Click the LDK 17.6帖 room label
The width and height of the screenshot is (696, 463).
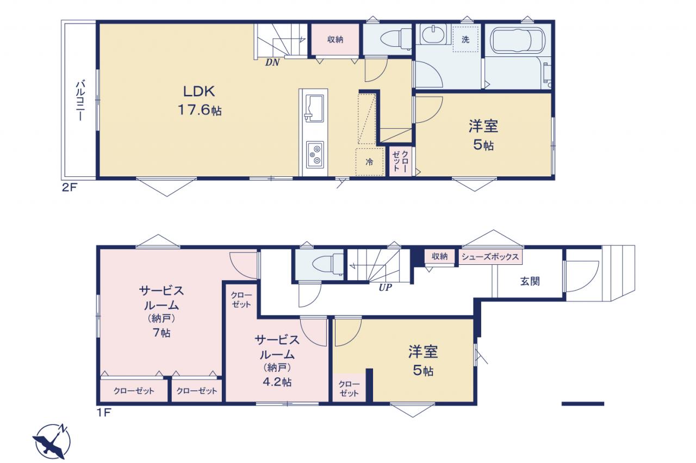pos(200,100)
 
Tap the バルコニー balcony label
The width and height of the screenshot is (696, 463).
pos(80,100)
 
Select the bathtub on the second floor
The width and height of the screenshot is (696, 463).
pos(517,40)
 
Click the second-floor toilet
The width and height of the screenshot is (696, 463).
pos(396,40)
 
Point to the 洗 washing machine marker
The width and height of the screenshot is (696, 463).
pos(465,40)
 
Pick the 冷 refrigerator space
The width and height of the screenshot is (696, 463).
pos(369,162)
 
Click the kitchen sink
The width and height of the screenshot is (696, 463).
pos(314,109)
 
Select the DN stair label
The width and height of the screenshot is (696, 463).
pos(272,62)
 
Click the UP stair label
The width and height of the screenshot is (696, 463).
pos(385,288)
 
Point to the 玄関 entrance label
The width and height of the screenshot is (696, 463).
pos(530,281)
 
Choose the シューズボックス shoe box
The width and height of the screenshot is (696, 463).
pos(490,256)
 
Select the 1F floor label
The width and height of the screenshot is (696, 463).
pos(104,413)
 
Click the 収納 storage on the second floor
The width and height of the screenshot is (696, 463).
pos(335,40)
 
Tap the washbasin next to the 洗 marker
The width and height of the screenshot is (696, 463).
pos(433,34)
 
